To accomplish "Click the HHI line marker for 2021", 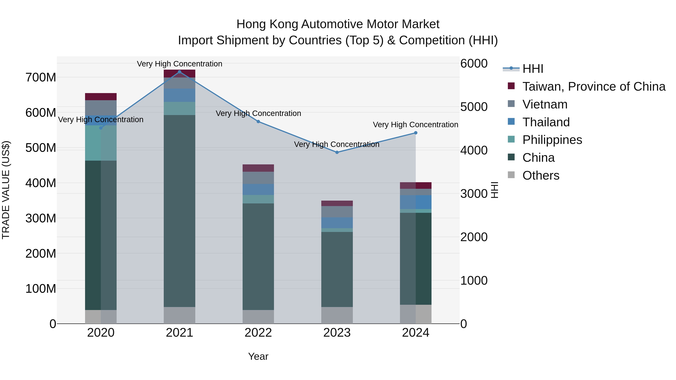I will pyautogui.click(x=180, y=72).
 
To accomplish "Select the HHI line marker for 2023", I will pyautogui.click(x=337, y=152).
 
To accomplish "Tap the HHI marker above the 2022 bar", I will pyautogui.click(x=258, y=122).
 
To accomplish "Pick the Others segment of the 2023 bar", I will pyautogui.click(x=337, y=315).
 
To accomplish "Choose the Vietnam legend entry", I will pyautogui.click(x=545, y=104).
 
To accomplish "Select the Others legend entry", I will pyautogui.click(x=541, y=175).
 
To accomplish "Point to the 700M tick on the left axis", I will pyautogui.click(x=41, y=78).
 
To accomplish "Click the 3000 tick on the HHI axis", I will pyautogui.click(x=474, y=194).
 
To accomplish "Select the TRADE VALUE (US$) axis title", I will pyautogui.click(x=6, y=190).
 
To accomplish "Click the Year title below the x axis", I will pyautogui.click(x=258, y=356).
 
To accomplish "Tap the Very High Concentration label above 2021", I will pyautogui.click(x=180, y=64).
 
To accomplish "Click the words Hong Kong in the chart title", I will pyautogui.click(x=267, y=24).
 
